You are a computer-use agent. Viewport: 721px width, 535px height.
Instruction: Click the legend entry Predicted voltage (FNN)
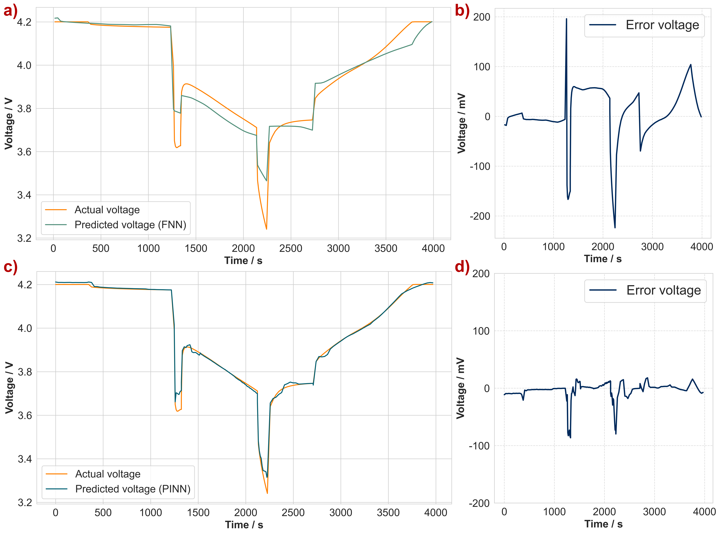pyautogui.click(x=130, y=225)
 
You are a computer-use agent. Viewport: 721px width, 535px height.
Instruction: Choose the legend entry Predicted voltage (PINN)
pyautogui.click(x=133, y=489)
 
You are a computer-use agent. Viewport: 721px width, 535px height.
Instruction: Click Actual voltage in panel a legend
pyautogui.click(x=107, y=210)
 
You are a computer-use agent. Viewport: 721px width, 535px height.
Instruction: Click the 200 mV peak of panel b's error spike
pyautogui.click(x=566, y=19)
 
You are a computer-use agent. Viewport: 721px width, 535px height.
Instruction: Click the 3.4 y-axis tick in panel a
pyautogui.click(x=24, y=195)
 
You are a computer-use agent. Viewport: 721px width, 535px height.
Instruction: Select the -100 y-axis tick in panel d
pyautogui.click(x=479, y=446)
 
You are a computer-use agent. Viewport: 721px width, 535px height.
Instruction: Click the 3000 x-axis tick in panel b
pyautogui.click(x=652, y=247)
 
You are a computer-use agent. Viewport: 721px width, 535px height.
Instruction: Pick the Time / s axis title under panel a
pyautogui.click(x=243, y=261)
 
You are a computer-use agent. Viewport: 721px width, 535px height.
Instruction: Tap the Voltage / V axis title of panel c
pyautogui.click(x=9, y=388)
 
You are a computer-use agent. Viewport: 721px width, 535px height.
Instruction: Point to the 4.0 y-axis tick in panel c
pyautogui.click(x=25, y=328)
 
